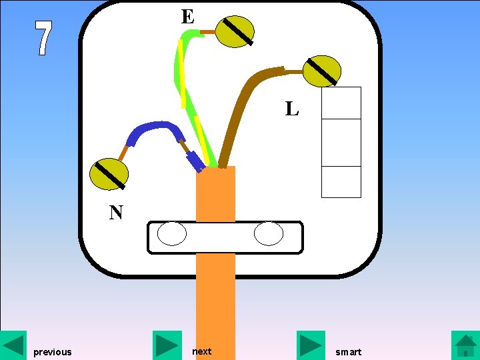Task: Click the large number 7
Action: tap(43, 39)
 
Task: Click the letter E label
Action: tap(188, 17)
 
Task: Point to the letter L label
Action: tap(292, 109)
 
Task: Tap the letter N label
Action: tap(116, 213)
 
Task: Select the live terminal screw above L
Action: tap(322, 71)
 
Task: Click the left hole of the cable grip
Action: tap(171, 235)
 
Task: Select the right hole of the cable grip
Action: tap(269, 235)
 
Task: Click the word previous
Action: tap(52, 352)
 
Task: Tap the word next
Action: tap(201, 351)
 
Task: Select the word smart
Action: tap(348, 352)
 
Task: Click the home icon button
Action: tap(465, 345)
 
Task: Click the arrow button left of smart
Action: tap(311, 345)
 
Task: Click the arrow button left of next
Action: tap(167, 345)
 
